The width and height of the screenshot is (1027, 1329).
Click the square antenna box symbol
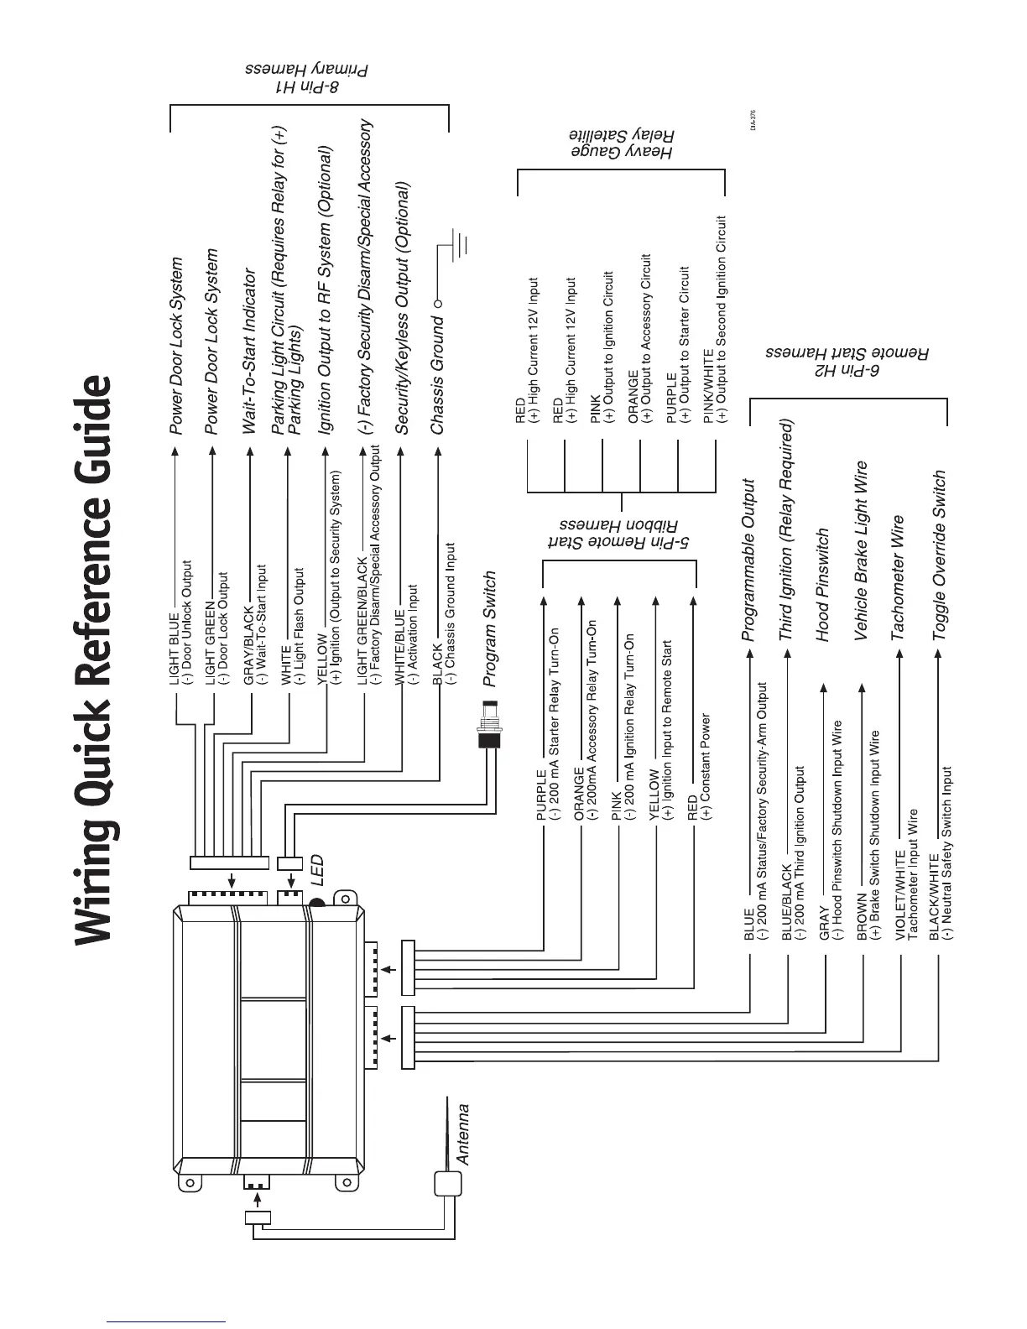[x=448, y=1184]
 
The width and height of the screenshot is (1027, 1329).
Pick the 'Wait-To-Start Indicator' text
[x=249, y=351]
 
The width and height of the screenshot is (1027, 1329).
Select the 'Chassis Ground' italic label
[x=436, y=375]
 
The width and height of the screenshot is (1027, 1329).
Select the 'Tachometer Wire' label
[x=898, y=578]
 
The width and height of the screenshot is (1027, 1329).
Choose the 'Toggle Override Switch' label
[x=940, y=555]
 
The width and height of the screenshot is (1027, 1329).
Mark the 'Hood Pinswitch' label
[x=823, y=585]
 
